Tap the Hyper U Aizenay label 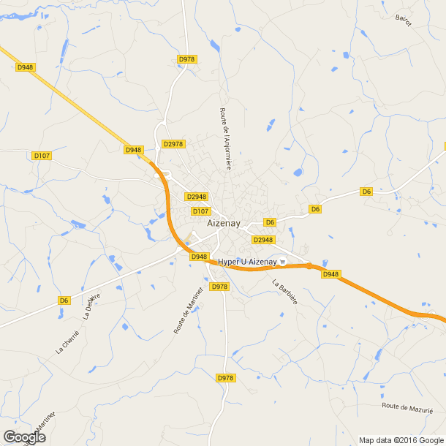248,262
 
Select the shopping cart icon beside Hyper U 281,262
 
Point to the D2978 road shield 173,144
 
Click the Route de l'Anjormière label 224,139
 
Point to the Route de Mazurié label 407,407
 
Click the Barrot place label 403,20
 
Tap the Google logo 24,437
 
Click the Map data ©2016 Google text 401,439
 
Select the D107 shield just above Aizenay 201,211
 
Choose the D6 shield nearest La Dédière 64,300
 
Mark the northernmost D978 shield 187,59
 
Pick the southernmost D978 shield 225,378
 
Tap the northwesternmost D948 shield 26,67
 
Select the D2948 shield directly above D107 197,197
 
